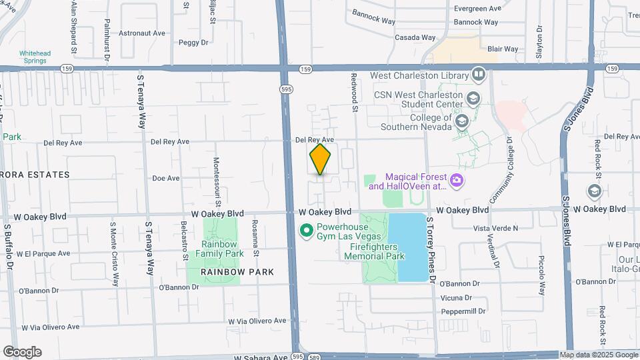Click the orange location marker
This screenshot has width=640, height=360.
click(321, 159)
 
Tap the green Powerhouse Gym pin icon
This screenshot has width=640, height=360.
click(307, 231)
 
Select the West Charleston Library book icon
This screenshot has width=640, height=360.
click(478, 74)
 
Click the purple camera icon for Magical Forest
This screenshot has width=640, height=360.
click(457, 179)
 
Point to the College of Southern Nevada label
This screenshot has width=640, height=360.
click(411, 122)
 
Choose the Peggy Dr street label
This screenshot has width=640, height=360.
click(193, 43)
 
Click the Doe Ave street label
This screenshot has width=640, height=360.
click(166, 178)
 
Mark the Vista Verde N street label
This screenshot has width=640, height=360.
click(495, 228)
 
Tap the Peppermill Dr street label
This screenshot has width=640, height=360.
click(465, 311)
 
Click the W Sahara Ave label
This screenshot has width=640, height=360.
click(261, 357)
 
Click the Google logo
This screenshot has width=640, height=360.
click(22, 352)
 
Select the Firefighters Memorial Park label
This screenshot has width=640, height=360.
click(377, 251)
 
